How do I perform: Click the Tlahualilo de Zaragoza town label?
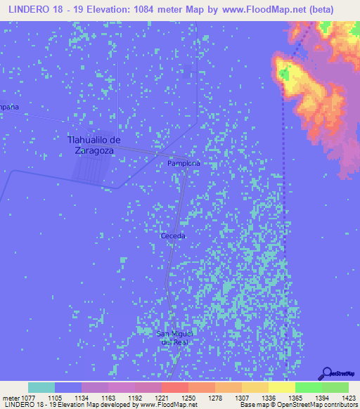[94, 145]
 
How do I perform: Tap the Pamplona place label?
[184, 163]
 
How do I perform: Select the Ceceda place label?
[173, 236]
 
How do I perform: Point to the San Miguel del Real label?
[173, 337]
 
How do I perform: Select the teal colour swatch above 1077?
[41, 387]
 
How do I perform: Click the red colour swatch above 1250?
[174, 387]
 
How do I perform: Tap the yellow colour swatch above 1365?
[281, 387]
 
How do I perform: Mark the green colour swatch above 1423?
[335, 387]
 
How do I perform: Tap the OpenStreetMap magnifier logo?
[326, 373]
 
